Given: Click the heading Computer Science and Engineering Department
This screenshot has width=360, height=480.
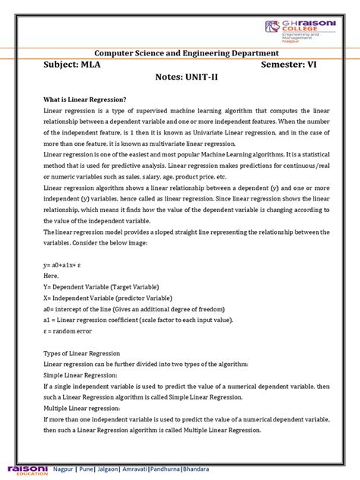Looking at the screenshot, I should (181, 52).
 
